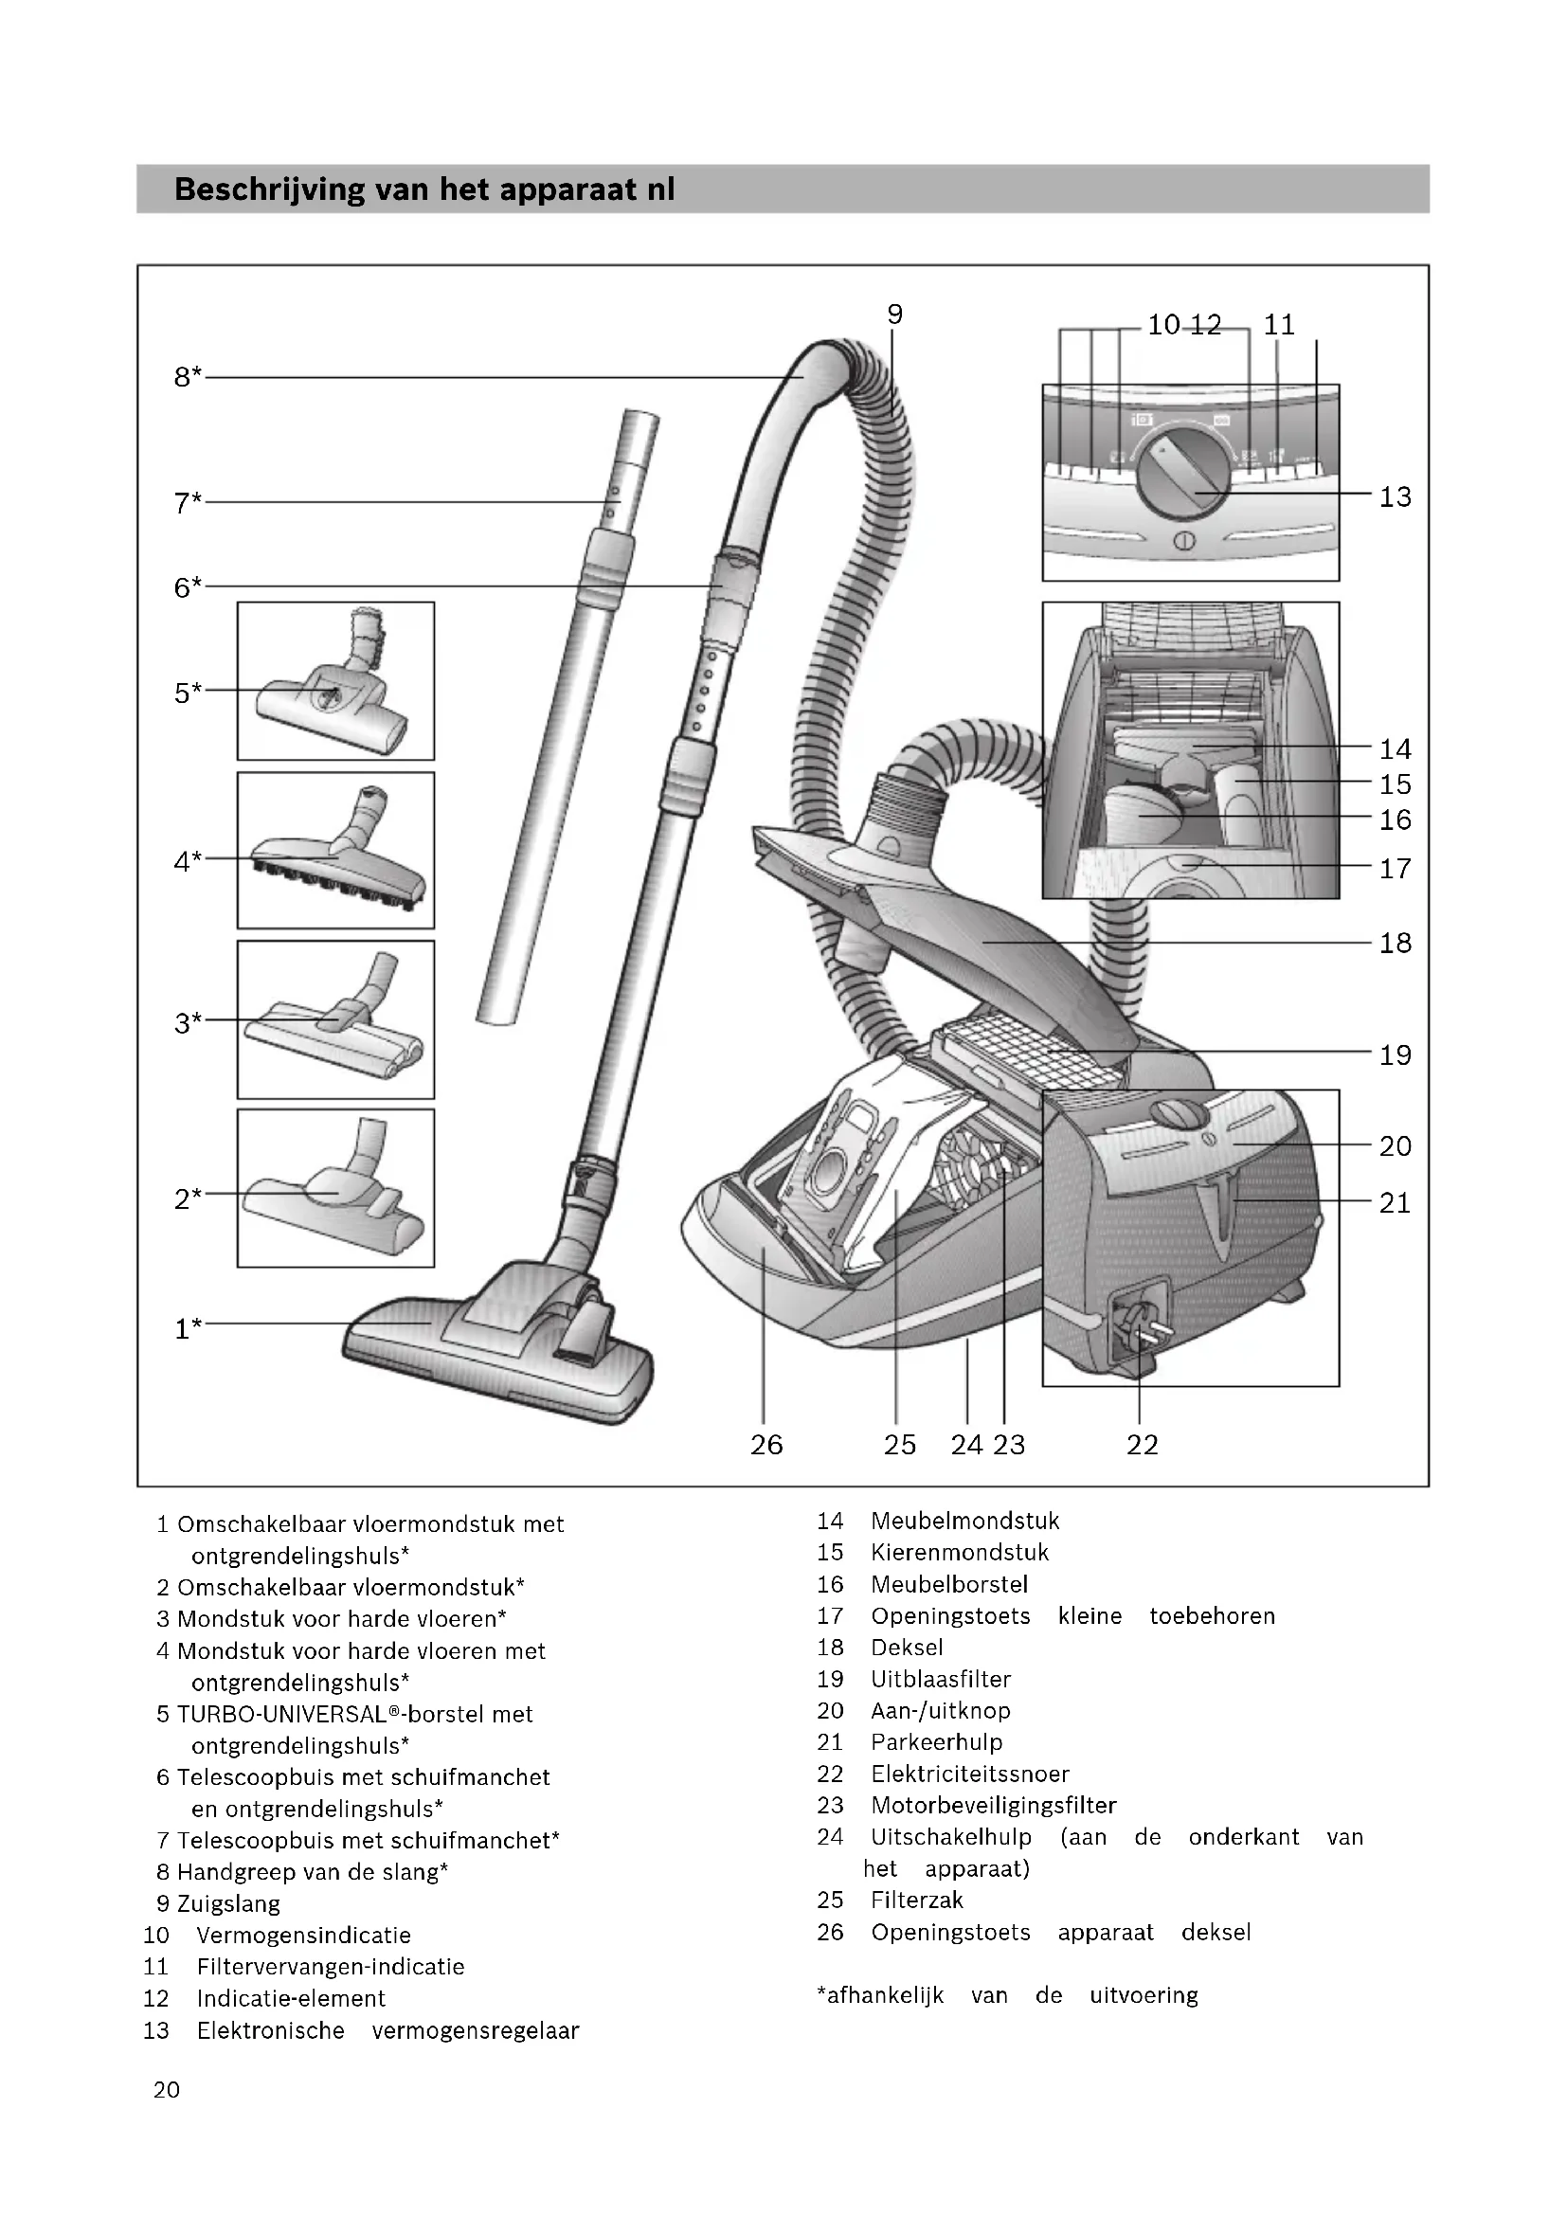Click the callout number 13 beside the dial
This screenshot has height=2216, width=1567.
tap(1395, 497)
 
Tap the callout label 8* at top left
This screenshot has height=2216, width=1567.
tap(188, 377)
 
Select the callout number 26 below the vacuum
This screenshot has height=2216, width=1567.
tap(766, 1445)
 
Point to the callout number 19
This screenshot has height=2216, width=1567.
tap(1395, 1054)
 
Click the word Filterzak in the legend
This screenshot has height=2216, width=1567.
tap(917, 1901)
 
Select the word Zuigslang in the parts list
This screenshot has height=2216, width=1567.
tap(228, 1904)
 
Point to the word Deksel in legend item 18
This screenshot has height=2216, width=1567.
tap(906, 1648)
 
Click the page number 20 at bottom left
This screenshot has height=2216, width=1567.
tap(166, 2090)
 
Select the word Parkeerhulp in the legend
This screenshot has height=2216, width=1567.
tap(936, 1742)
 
